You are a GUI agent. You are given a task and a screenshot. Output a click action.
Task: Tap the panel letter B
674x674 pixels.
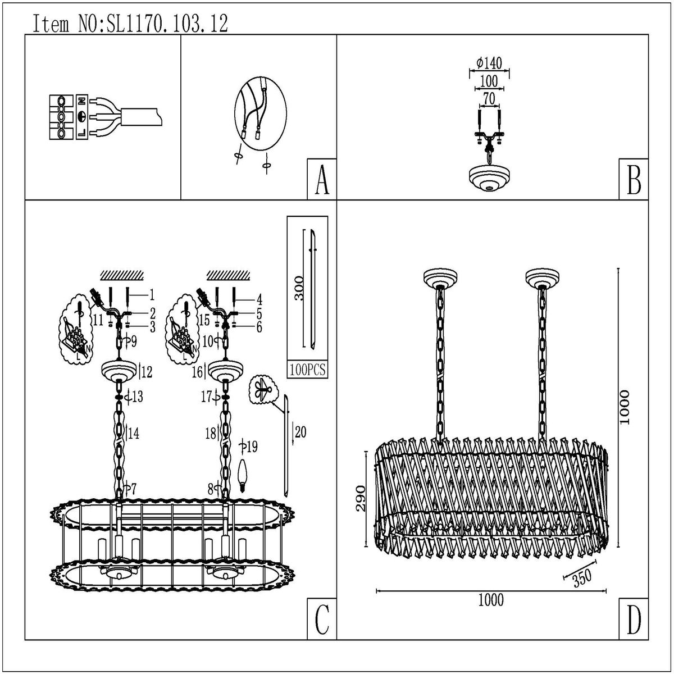pyautogui.click(x=633, y=180)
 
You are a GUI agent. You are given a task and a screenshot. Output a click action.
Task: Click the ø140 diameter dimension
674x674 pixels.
pyautogui.click(x=489, y=63)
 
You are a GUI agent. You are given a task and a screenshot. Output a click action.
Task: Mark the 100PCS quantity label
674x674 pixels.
pyautogui.click(x=307, y=371)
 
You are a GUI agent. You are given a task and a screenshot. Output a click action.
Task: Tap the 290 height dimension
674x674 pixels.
pyautogui.click(x=361, y=498)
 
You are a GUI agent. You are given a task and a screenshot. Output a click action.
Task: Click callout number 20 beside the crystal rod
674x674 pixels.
pyautogui.click(x=300, y=431)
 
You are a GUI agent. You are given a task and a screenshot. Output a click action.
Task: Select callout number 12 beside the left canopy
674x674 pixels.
pyautogui.click(x=147, y=371)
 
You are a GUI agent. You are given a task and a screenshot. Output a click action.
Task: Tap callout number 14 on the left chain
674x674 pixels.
pyautogui.click(x=134, y=433)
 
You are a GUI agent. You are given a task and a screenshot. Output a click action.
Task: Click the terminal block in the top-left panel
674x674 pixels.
pyautogui.click(x=62, y=117)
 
